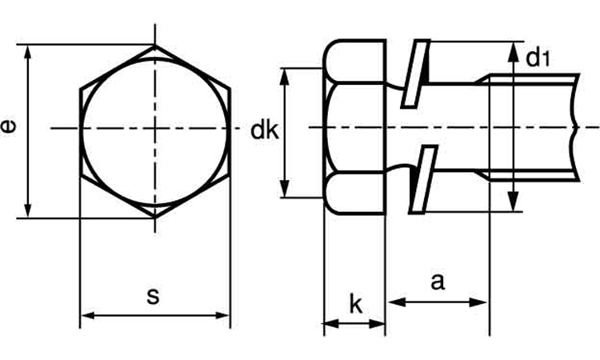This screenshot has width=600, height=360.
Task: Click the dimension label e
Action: pos(10,127)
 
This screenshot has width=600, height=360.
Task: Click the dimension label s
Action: pos(153,296)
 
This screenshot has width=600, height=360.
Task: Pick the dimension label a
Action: pos(437,282)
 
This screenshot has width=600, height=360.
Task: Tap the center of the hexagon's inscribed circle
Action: pos(155,128)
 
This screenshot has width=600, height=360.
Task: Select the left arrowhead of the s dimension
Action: pos(86,315)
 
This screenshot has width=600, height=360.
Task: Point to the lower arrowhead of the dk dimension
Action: pos(284,191)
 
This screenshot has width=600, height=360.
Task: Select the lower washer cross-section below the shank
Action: pos(421,180)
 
